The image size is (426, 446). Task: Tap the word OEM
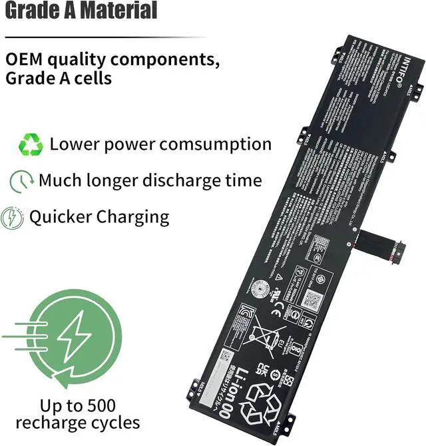[25, 59]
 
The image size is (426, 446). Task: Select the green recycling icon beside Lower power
[31, 144]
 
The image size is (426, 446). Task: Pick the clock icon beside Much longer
[21, 180]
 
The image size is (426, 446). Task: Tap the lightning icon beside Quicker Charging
[12, 217]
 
